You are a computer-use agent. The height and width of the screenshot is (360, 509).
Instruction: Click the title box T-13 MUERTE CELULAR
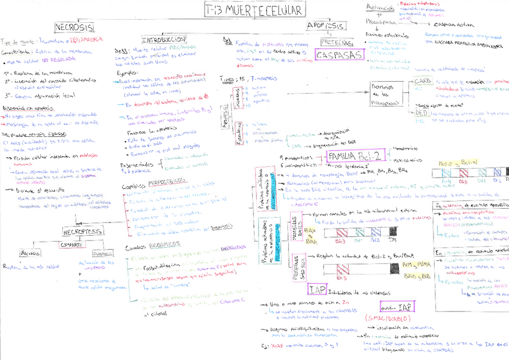click(254, 10)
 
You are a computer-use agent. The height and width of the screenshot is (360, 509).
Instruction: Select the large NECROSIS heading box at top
click(74, 28)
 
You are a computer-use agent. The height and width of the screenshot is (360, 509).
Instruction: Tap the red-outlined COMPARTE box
click(71, 245)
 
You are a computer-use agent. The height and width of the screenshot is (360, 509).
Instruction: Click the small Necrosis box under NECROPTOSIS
click(31, 253)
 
